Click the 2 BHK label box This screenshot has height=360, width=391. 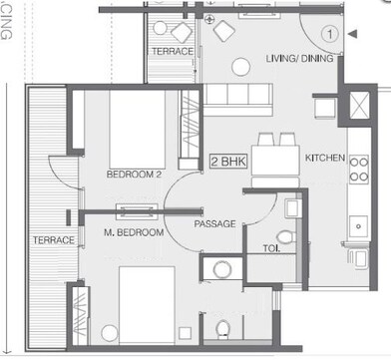click(x=227, y=160)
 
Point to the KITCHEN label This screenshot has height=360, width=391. click(x=324, y=158)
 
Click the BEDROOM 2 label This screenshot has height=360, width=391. click(x=134, y=175)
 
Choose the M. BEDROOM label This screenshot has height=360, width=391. click(x=133, y=232)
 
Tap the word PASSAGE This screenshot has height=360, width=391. click(x=214, y=224)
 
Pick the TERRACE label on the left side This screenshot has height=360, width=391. click(x=53, y=240)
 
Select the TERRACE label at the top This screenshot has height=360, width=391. click(x=172, y=50)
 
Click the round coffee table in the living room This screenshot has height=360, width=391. click(x=240, y=67)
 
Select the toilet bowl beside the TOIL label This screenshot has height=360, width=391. click(x=286, y=237)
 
